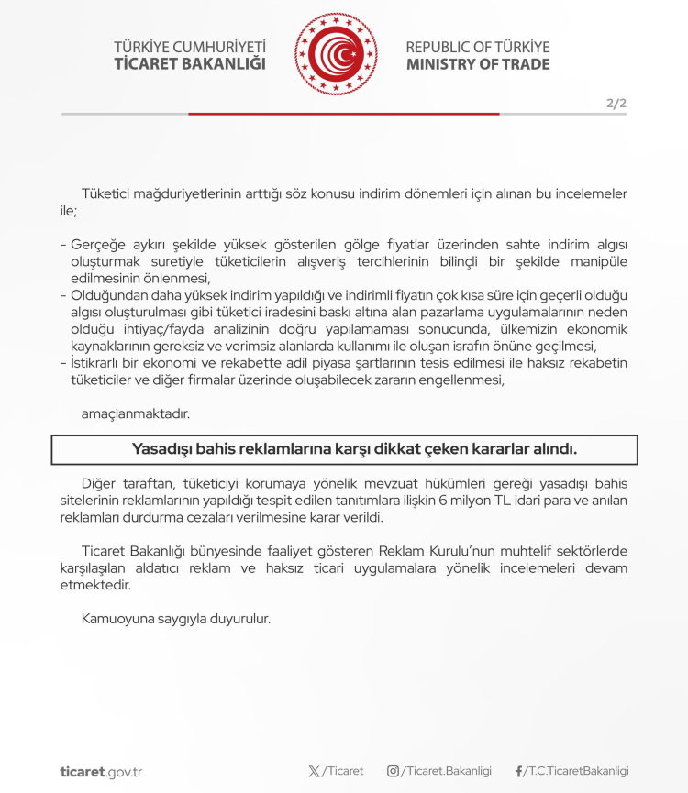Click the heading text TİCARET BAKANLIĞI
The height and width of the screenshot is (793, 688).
[190, 64]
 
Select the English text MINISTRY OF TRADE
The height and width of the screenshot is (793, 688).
[478, 64]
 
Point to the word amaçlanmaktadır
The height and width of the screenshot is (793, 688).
[135, 413]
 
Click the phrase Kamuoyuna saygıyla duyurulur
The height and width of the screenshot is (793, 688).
[176, 619]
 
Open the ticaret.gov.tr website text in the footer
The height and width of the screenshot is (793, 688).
[101, 772]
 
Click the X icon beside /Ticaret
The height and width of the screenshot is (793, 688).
[315, 771]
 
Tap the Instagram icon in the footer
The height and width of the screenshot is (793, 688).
[393, 771]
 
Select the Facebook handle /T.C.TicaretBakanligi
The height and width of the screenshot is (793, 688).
[578, 771]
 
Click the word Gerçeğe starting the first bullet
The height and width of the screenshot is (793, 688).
[97, 246]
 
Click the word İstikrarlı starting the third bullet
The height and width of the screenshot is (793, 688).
[102, 362]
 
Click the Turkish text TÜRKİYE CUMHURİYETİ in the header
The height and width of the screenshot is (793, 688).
[190, 46]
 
